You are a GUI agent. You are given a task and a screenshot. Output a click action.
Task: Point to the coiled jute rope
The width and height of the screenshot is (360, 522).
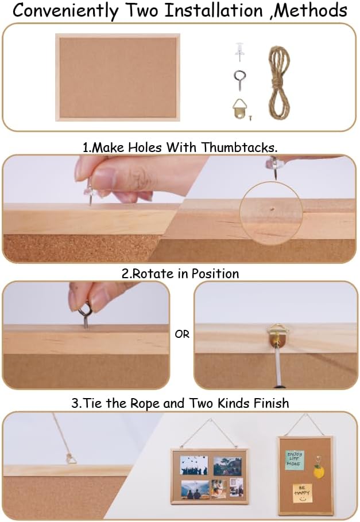point(279,82)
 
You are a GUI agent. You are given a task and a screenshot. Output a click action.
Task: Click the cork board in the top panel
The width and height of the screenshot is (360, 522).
point(118,77)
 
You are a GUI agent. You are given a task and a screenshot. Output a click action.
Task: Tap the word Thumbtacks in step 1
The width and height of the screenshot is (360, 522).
point(239,147)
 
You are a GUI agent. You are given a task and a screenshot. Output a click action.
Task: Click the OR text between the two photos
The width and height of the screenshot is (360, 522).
point(182,334)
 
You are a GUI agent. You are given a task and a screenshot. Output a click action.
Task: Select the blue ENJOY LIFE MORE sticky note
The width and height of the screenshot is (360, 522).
point(295,459)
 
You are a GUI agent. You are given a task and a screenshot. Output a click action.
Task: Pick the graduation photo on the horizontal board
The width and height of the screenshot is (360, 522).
point(193,465)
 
